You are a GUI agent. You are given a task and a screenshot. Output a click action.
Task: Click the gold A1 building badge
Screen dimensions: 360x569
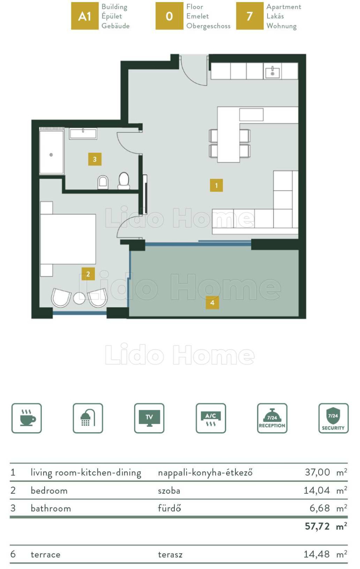85,16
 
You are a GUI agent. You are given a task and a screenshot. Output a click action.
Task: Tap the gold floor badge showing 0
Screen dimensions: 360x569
169,16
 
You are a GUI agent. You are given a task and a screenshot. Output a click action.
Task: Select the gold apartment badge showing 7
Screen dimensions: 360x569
250,16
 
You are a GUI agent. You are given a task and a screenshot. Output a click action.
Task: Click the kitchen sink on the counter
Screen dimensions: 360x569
272,72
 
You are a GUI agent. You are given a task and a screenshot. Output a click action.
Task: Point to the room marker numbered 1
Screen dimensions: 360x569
217,186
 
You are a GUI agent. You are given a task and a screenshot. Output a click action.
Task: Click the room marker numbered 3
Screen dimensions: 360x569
95,159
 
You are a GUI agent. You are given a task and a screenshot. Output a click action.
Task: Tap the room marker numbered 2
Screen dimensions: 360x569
88,274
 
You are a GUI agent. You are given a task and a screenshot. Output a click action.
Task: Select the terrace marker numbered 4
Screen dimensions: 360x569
212,303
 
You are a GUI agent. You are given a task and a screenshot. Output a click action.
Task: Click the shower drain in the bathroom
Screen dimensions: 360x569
51,155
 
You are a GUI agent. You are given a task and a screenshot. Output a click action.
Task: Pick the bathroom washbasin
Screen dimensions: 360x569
83,134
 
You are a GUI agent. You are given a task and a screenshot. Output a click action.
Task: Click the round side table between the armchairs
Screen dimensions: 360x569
79,298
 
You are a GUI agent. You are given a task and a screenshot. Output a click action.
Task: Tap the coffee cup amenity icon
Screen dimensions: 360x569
27,418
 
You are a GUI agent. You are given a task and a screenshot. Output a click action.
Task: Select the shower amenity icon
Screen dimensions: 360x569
88,418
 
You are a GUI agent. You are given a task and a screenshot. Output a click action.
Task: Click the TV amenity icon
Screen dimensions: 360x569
149,418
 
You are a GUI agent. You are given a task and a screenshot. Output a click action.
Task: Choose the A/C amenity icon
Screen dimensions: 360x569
211,418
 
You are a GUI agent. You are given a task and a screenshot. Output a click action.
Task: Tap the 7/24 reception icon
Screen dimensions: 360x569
272,418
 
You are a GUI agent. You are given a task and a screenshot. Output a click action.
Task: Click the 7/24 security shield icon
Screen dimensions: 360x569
334,418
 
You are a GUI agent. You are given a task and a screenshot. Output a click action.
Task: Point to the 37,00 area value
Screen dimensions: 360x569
317,472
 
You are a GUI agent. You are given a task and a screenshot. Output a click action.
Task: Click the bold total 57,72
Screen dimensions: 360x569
317,526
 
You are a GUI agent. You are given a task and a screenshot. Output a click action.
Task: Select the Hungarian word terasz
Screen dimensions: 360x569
170,555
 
